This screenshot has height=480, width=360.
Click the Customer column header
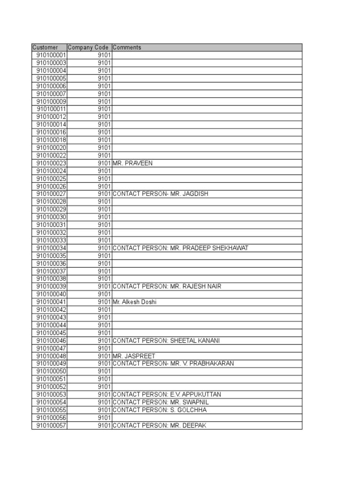click(45, 47)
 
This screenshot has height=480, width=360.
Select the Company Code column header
click(88, 47)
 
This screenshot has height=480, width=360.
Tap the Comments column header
click(127, 47)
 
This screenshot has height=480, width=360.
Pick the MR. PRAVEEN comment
click(133, 163)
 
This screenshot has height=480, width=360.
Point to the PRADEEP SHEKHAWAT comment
click(180, 248)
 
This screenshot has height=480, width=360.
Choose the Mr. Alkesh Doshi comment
click(135, 302)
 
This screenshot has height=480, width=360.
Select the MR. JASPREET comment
click(134, 356)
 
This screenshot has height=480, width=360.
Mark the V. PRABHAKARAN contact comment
click(173, 363)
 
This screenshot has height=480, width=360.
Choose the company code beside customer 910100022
click(104, 156)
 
